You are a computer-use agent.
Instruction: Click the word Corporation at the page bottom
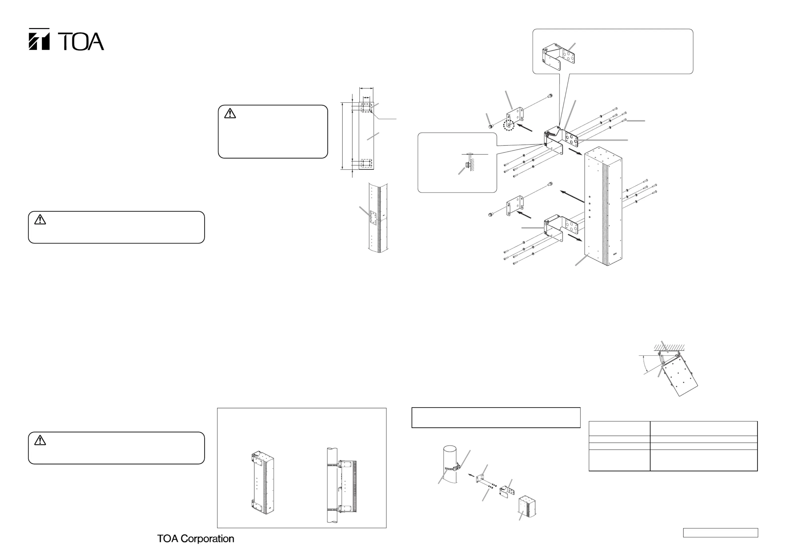coord(207,539)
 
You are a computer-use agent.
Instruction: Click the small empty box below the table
coord(720,533)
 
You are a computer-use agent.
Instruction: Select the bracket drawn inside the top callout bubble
coord(558,55)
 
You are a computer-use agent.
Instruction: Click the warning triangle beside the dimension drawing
coord(230,113)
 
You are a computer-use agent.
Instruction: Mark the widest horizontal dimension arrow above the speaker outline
coord(366,88)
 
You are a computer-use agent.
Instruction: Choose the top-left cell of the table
coord(619,428)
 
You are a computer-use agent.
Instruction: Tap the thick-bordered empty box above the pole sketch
coord(496,417)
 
